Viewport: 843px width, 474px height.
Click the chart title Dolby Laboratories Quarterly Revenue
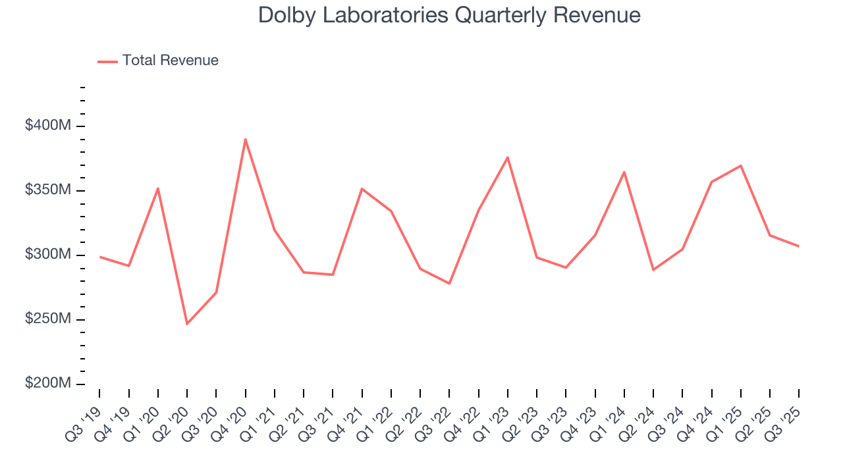click(x=449, y=14)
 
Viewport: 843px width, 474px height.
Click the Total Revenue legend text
click(x=170, y=61)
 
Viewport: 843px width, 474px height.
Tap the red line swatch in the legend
click(x=107, y=61)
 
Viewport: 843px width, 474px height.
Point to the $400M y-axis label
click(x=47, y=126)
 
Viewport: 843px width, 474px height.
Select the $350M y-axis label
click(x=47, y=190)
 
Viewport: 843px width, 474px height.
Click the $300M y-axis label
click(x=47, y=255)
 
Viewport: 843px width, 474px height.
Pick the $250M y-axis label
click(x=47, y=319)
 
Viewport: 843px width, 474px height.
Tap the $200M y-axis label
click(x=47, y=384)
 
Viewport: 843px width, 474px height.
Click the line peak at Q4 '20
click(x=245, y=139)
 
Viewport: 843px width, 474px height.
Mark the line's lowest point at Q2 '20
click(x=187, y=324)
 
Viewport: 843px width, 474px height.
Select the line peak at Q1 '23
click(x=508, y=157)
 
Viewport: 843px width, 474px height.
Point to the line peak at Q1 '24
click(x=624, y=172)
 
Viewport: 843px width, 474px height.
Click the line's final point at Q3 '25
click(x=799, y=246)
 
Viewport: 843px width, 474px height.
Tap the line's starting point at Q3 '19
click(x=99, y=257)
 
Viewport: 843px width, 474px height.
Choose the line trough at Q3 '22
click(x=449, y=284)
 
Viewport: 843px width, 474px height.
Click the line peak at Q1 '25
click(x=741, y=165)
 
